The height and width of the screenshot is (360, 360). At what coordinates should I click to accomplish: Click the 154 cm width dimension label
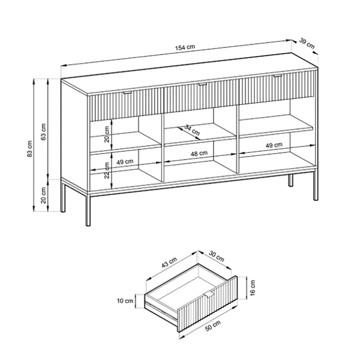185,47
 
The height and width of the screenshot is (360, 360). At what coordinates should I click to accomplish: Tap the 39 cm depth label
307,43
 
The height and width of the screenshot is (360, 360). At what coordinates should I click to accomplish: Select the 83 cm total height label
30,148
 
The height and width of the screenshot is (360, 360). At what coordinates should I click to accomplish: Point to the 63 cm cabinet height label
43,131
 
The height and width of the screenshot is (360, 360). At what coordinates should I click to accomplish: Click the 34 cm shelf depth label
192,130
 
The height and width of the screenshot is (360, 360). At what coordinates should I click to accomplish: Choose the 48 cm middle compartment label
199,153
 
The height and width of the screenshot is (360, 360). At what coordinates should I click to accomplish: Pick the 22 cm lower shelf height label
107,170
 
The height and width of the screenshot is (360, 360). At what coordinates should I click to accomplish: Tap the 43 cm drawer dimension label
169,262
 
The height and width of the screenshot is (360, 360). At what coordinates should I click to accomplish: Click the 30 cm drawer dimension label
216,256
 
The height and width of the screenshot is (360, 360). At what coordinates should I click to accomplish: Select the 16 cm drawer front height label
252,288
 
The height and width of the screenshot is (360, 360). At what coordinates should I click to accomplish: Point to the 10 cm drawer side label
125,301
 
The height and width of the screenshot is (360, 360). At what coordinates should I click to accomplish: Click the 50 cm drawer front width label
213,325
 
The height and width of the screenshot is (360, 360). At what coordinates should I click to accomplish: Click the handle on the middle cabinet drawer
202,84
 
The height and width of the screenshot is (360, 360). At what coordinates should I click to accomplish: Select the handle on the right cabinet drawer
277,75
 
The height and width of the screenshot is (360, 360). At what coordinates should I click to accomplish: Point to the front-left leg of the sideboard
88,209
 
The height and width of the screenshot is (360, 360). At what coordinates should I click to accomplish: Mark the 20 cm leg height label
43,195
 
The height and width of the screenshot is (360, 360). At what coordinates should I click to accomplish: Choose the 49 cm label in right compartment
274,145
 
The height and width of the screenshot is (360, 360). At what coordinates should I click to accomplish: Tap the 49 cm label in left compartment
124,162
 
